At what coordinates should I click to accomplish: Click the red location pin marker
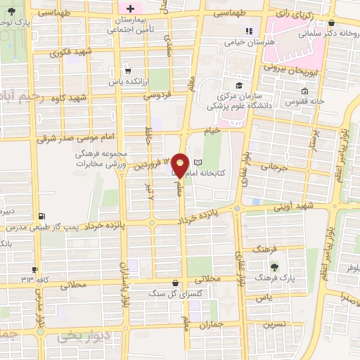180,165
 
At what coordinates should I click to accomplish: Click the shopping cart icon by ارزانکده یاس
127,70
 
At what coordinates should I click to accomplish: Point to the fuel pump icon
41,217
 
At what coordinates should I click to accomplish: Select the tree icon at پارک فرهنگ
274,266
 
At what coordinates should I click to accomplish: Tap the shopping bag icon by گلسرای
175,283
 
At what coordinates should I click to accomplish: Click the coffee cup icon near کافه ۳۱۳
33,271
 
